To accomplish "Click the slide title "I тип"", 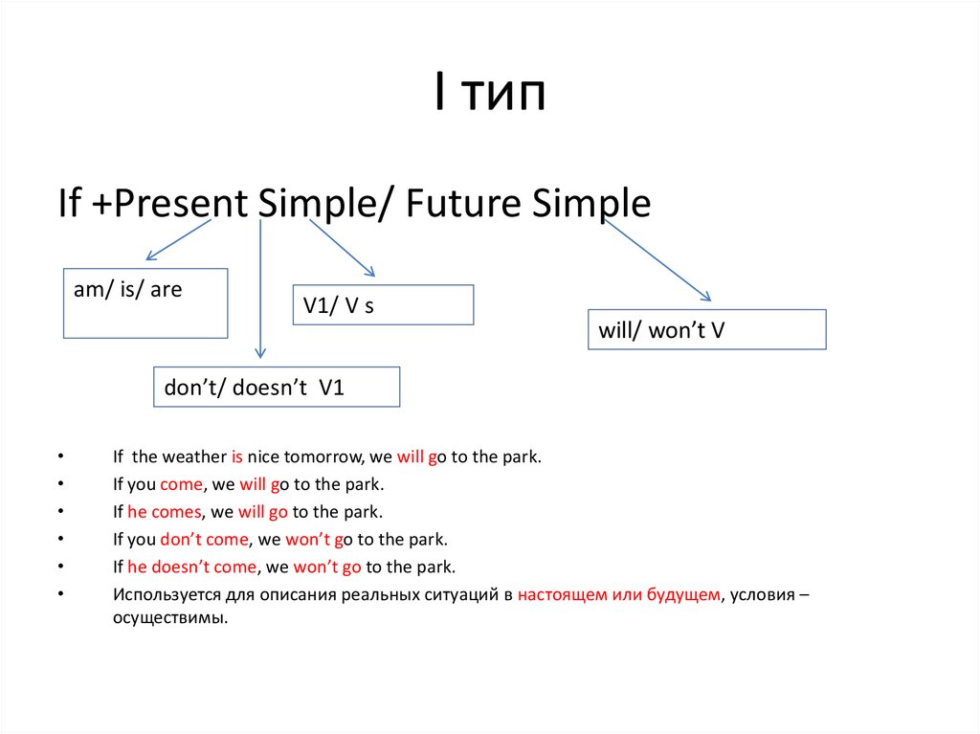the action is click(490, 91).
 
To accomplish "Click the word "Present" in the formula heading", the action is click(181, 203).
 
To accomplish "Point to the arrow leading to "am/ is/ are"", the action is click(178, 239).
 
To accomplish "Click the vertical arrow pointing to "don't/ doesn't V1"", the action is click(260, 289).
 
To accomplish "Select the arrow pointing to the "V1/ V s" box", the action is click(342, 248).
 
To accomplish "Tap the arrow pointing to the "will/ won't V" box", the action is click(657, 260).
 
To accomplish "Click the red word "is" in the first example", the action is click(237, 457).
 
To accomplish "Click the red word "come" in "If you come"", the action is click(181, 484).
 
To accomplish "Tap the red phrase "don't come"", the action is click(205, 539).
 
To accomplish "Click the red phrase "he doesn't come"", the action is click(191, 567).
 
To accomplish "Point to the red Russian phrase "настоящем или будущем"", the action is click(619, 594).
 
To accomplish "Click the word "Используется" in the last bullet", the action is click(167, 594).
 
